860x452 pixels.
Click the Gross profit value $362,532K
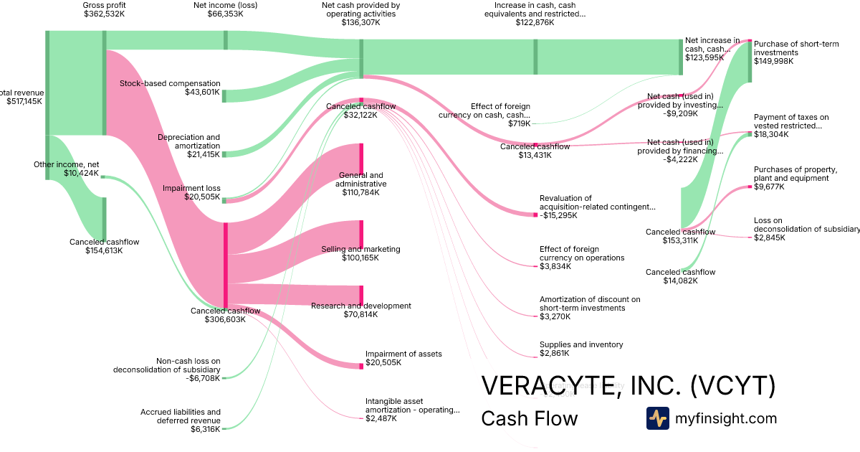tap(104, 14)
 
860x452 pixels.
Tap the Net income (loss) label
tap(226, 5)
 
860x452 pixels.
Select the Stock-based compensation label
tap(170, 83)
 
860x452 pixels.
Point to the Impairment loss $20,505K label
tap(191, 192)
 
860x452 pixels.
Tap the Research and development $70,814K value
tap(360, 314)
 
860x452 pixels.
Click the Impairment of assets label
tap(403, 354)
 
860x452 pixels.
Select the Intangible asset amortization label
tap(412, 405)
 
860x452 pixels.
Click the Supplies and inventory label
tap(581, 344)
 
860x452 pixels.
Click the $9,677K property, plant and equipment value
tap(769, 187)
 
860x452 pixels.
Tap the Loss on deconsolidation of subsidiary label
tap(806, 225)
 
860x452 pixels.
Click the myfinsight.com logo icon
tap(657, 418)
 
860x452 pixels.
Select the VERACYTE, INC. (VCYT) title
tap(628, 386)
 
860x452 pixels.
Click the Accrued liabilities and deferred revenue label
tap(180, 416)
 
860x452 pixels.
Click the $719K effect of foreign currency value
tap(520, 123)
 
